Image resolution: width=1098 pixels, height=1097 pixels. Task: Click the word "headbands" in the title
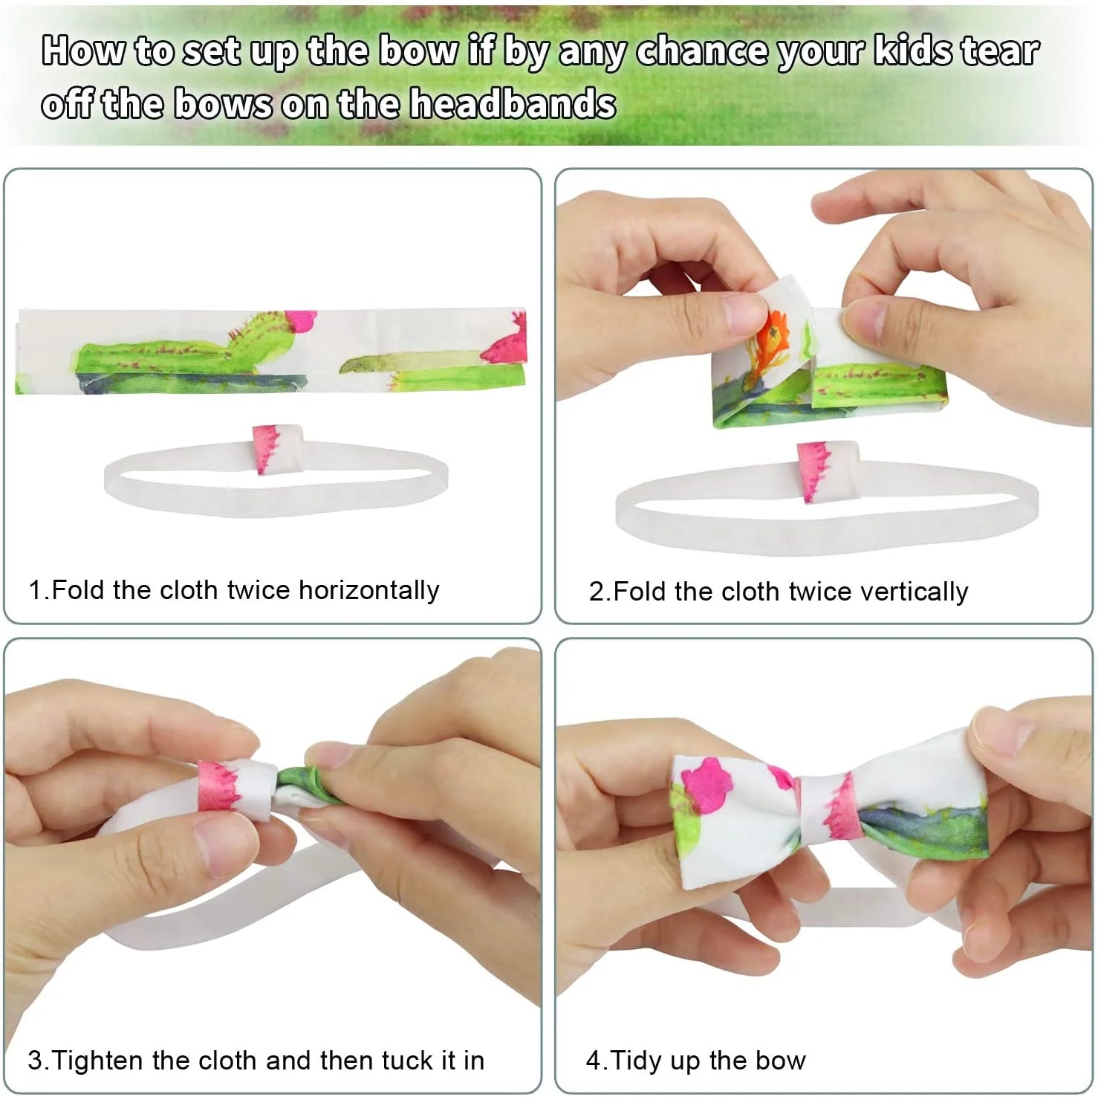514,103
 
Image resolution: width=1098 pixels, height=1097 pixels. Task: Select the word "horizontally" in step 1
369,589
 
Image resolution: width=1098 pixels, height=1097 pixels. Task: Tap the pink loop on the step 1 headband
276,448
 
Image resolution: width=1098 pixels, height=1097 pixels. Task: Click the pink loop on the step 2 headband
827,471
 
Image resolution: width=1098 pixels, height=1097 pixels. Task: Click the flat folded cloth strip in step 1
271,350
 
